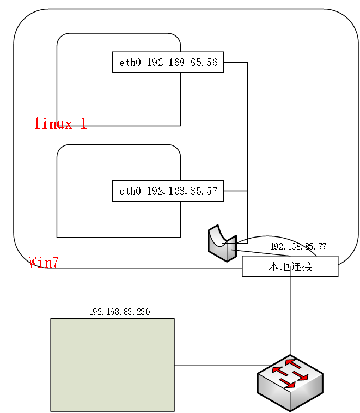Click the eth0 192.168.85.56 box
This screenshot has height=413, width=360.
168,62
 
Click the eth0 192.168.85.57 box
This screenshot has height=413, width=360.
168,191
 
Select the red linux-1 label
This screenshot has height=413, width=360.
60,123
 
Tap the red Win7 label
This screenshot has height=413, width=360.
44,262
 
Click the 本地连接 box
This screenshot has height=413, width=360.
290,266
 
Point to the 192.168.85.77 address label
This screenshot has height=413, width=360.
298,246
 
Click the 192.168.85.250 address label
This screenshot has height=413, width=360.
119,312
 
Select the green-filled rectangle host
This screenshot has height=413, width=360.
112,365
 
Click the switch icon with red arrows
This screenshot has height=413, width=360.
290,382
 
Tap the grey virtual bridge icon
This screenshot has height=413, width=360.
221,244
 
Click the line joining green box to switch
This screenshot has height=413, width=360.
218,365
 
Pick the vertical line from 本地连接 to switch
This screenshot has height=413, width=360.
290,316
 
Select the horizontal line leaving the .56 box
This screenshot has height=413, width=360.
235,62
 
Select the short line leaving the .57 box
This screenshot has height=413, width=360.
235,191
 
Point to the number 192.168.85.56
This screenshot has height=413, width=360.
182,63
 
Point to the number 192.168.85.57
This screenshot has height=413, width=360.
182,191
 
